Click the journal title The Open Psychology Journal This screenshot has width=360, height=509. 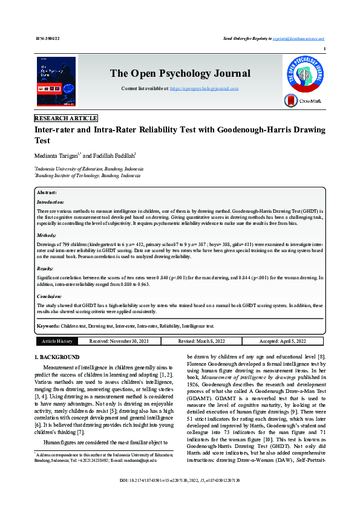point(180,74)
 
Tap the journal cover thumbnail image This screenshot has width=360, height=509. point(56,82)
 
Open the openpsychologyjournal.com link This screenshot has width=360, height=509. point(204,88)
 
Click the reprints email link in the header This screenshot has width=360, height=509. point(298,38)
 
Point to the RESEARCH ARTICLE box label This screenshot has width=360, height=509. point(66,118)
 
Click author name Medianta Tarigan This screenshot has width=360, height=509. point(56,155)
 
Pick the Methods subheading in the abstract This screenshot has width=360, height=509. point(47,235)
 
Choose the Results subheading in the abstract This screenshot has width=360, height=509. point(45,268)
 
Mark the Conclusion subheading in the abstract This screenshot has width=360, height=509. point(49,296)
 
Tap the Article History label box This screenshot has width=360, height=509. point(57,342)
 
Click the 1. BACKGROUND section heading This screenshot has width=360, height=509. point(57,357)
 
